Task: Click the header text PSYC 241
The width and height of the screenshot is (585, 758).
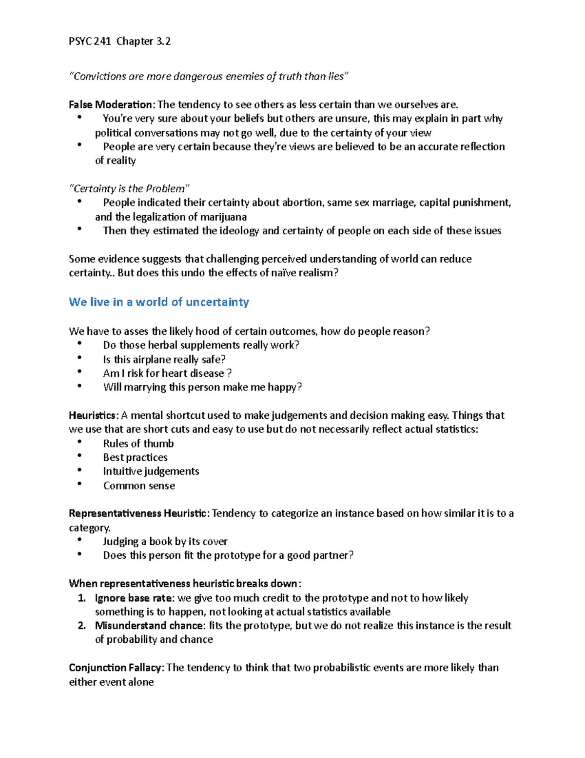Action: pyautogui.click(x=90, y=41)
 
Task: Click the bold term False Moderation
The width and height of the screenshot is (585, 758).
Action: pyautogui.click(x=111, y=104)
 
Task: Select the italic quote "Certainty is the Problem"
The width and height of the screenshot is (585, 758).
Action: pyautogui.click(x=129, y=188)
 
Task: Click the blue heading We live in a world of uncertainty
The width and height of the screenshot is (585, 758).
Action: pyautogui.click(x=159, y=302)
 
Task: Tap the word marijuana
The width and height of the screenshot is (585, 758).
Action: pyautogui.click(x=223, y=217)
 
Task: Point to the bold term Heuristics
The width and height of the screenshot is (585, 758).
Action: pyautogui.click(x=93, y=415)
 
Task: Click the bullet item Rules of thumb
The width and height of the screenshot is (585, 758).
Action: pyautogui.click(x=138, y=444)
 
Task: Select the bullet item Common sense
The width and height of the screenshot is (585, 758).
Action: pyautogui.click(x=139, y=486)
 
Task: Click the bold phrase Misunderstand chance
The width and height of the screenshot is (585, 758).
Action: pyautogui.click(x=149, y=626)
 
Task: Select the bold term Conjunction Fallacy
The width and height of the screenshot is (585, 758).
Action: pyautogui.click(x=117, y=668)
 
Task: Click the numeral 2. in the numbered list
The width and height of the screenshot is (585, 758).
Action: pyautogui.click(x=82, y=626)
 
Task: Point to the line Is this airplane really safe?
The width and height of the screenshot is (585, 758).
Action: pyautogui.click(x=164, y=360)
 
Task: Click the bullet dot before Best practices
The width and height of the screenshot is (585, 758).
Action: pyautogui.click(x=79, y=456)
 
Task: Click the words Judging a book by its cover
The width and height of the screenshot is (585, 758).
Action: pyautogui.click(x=165, y=542)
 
